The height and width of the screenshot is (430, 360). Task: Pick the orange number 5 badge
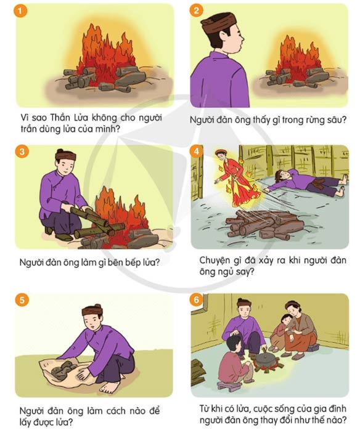(x=22, y=300)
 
